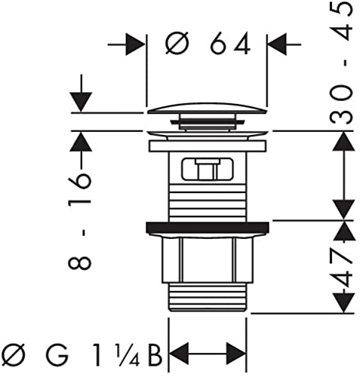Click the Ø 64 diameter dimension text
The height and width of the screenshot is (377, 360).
208,44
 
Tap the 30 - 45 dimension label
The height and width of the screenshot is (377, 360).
340,63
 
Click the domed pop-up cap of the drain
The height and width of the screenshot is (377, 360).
207,108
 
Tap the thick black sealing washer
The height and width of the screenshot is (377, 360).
208,227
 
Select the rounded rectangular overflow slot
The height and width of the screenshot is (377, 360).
208,169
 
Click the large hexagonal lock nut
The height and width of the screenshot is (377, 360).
208,260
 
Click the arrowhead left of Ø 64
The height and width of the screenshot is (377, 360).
135,44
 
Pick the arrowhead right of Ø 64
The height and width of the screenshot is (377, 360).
277,44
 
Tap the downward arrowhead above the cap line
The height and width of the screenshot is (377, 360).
81,102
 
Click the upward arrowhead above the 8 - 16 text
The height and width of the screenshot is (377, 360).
81,141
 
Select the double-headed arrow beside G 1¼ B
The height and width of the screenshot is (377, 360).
208,353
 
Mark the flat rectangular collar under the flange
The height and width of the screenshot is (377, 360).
208,146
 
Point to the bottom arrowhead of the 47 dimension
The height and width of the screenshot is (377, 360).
343,303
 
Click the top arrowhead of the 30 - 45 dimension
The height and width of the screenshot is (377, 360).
343,141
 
